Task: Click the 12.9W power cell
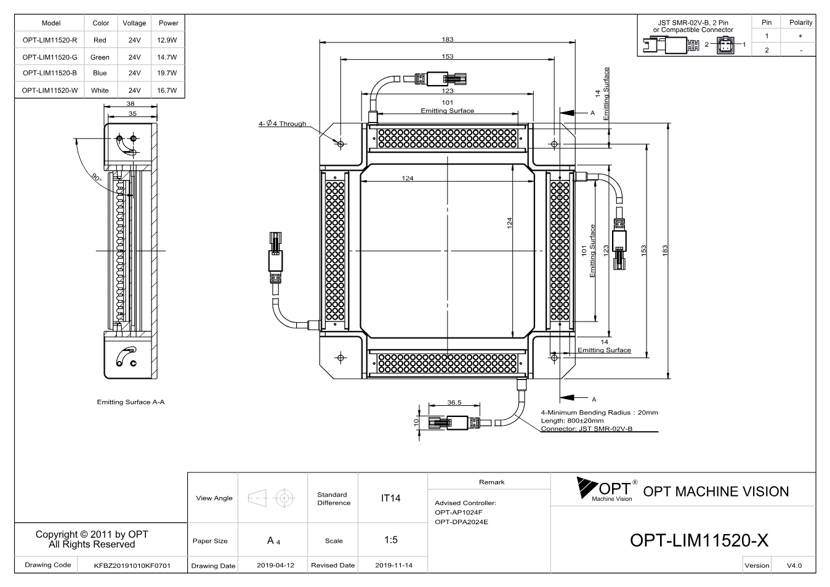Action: coord(167,40)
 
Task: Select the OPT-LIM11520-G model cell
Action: coord(50,57)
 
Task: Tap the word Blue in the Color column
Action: coord(100,73)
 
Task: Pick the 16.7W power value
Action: coord(167,91)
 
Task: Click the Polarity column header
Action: coord(800,23)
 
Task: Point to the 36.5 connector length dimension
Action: coord(454,402)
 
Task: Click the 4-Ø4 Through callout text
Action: coord(283,123)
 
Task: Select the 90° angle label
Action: coord(97,177)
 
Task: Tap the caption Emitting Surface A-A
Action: coord(131,402)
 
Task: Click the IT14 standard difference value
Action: coord(390,498)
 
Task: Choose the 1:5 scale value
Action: coord(391,540)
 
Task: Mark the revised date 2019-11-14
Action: coord(393,565)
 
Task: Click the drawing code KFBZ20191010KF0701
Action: coord(132,565)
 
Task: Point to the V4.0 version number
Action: coord(794,565)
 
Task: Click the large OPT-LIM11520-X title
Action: coord(699,541)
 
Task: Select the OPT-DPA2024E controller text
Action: coord(461,522)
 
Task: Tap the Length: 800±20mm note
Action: coord(572,421)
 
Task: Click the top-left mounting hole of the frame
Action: coord(340,144)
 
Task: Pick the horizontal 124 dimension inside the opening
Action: coord(407,178)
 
